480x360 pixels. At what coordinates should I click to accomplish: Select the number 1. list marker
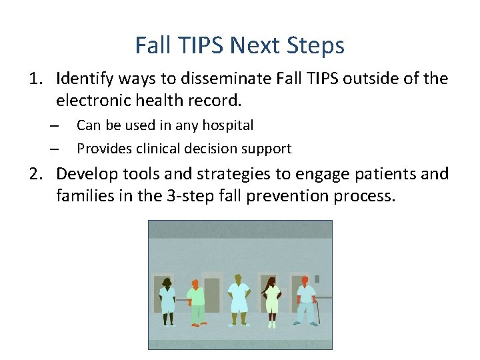(x=37, y=79)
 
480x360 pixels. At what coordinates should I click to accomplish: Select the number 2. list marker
(x=37, y=174)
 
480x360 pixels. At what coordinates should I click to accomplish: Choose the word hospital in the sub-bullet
(x=228, y=125)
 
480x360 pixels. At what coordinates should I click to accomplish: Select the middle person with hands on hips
(x=237, y=300)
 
